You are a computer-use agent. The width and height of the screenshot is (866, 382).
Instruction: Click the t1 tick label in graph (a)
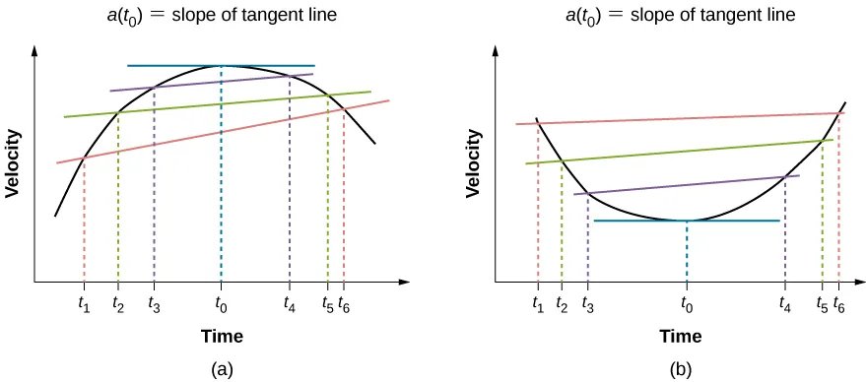tap(84, 303)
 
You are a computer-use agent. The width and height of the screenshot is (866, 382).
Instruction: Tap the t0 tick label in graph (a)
tap(221, 303)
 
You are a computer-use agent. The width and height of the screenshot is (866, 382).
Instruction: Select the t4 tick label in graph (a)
tap(289, 303)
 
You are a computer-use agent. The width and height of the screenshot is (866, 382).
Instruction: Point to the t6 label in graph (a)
tap(344, 303)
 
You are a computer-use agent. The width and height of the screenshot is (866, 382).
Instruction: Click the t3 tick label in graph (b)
tap(587, 303)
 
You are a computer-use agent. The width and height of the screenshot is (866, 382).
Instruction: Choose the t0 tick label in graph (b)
tap(686, 303)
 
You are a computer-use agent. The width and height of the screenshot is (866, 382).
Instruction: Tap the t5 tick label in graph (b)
tap(821, 303)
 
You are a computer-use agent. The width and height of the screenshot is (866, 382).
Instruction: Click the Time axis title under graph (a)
tap(222, 337)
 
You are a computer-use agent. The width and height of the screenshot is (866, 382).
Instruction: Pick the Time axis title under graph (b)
tap(681, 337)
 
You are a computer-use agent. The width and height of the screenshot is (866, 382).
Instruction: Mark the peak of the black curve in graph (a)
tap(222, 67)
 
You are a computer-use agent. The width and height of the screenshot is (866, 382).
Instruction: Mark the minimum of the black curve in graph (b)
tap(686, 220)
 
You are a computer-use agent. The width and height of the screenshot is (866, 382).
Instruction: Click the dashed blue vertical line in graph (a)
tap(221, 177)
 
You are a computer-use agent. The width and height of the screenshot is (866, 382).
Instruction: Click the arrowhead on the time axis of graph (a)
tap(405, 283)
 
